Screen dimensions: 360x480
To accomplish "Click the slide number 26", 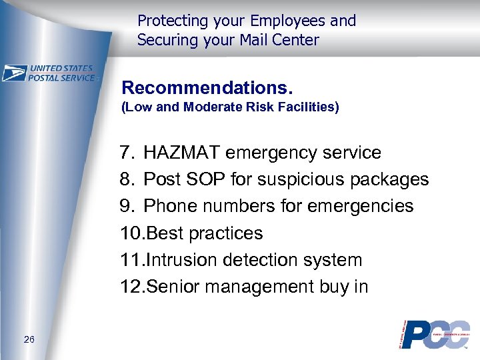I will click(x=29, y=340).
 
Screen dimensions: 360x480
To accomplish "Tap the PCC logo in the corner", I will click(x=433, y=335).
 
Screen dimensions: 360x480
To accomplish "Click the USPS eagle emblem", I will click(x=14, y=73).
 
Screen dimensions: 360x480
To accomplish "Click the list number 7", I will click(x=126, y=153).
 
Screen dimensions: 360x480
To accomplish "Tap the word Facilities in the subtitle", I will click(x=311, y=107).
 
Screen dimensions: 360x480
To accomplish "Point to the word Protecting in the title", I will click(x=172, y=21).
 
